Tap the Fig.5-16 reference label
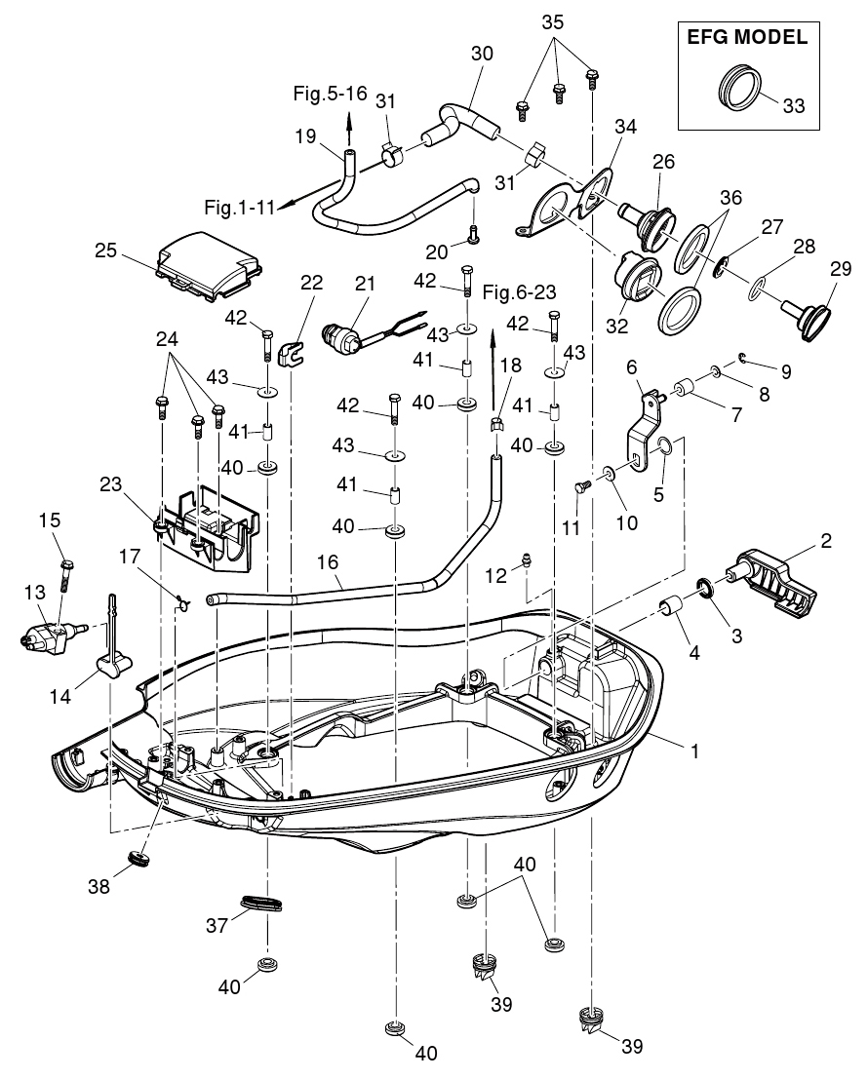pyautogui.click(x=330, y=94)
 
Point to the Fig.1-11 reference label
pyautogui.click(x=237, y=207)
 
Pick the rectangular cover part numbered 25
pyautogui.click(x=209, y=260)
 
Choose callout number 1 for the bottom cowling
pyautogui.click(x=695, y=751)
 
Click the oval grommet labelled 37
pyautogui.click(x=261, y=904)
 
